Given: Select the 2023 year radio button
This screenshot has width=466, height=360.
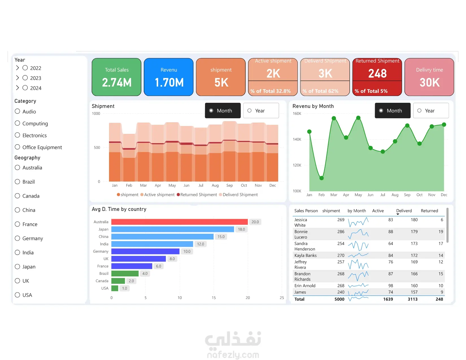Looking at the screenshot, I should click(x=25, y=78).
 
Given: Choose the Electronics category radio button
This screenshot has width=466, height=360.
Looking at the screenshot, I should click(x=18, y=135).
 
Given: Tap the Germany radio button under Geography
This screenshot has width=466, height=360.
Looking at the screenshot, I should click(x=18, y=238).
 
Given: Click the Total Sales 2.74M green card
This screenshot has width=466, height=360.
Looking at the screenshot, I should click(x=117, y=77).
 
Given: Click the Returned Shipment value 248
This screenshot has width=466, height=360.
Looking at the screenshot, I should click(x=377, y=74).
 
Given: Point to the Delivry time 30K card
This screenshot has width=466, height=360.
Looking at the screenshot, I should click(x=429, y=77).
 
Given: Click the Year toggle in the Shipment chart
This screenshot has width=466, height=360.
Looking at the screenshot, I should click(x=261, y=111).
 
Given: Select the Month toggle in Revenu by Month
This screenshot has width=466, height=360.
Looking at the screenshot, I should click(x=393, y=111).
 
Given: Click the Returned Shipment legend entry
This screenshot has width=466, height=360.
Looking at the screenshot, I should click(x=197, y=195).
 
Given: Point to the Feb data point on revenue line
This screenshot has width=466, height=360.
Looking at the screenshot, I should click(x=321, y=178).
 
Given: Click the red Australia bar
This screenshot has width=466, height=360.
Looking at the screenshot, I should click(x=179, y=222).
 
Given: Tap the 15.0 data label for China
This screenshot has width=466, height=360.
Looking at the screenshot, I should click(x=221, y=237).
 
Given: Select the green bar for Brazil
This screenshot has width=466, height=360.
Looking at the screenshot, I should click(x=125, y=273).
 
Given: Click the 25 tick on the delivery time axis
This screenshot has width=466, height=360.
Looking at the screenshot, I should click(x=282, y=298).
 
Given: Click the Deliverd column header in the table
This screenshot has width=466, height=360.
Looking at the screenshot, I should click(x=404, y=211).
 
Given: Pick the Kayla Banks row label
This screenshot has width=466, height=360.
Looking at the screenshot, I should click(x=306, y=256).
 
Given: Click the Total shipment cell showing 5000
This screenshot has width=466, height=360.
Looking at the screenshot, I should click(x=339, y=299).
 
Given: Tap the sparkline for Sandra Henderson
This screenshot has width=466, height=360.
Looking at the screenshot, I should click(x=358, y=246).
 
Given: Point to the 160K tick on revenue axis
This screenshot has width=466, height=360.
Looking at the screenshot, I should click(x=297, y=114).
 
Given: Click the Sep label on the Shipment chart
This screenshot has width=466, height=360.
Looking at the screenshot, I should click(x=229, y=186).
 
